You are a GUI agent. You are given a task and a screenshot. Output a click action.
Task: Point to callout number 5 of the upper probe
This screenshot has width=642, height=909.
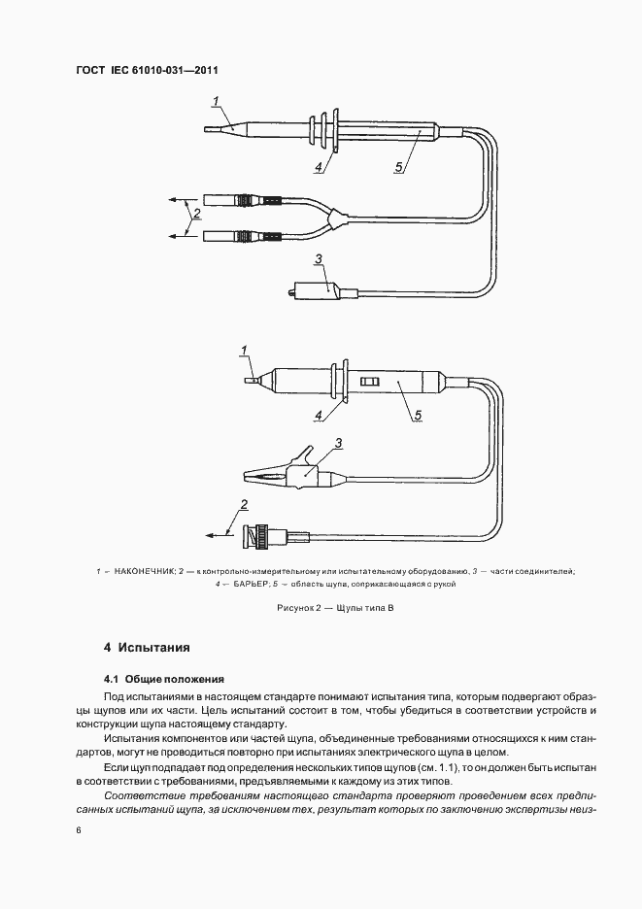click(x=399, y=166)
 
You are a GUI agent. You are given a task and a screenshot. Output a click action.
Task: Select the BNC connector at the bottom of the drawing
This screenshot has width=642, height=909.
click(x=263, y=536)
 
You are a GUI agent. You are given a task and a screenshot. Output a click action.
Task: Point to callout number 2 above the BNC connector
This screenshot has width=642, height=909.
click(x=245, y=503)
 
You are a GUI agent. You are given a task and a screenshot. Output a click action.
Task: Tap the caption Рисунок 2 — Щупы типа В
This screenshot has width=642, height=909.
click(x=321, y=608)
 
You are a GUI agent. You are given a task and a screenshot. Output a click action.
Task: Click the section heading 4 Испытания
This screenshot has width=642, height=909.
click(x=146, y=647)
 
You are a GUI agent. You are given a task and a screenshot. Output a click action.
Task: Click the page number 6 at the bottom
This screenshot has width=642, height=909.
click(x=77, y=830)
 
